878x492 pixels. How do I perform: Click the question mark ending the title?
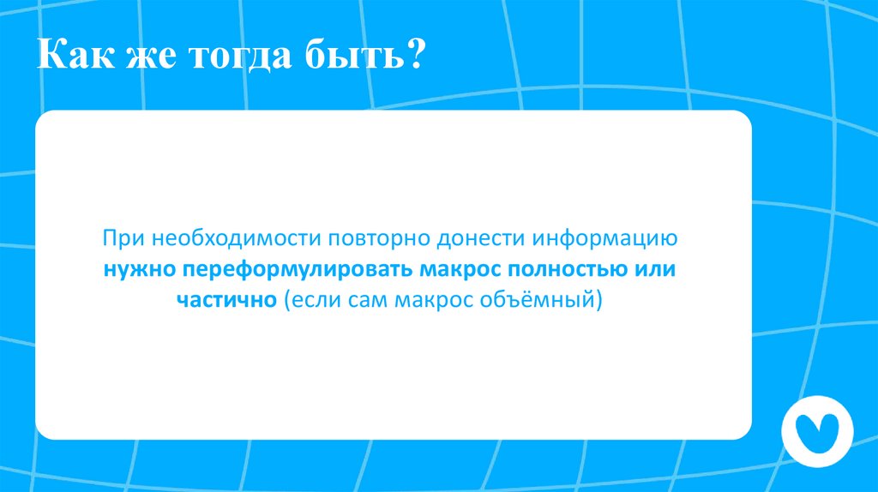415,57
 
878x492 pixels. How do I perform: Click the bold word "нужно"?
139,269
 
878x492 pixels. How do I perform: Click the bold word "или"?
656,269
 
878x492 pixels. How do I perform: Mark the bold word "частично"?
226,301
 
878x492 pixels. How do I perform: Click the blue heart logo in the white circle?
816,431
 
